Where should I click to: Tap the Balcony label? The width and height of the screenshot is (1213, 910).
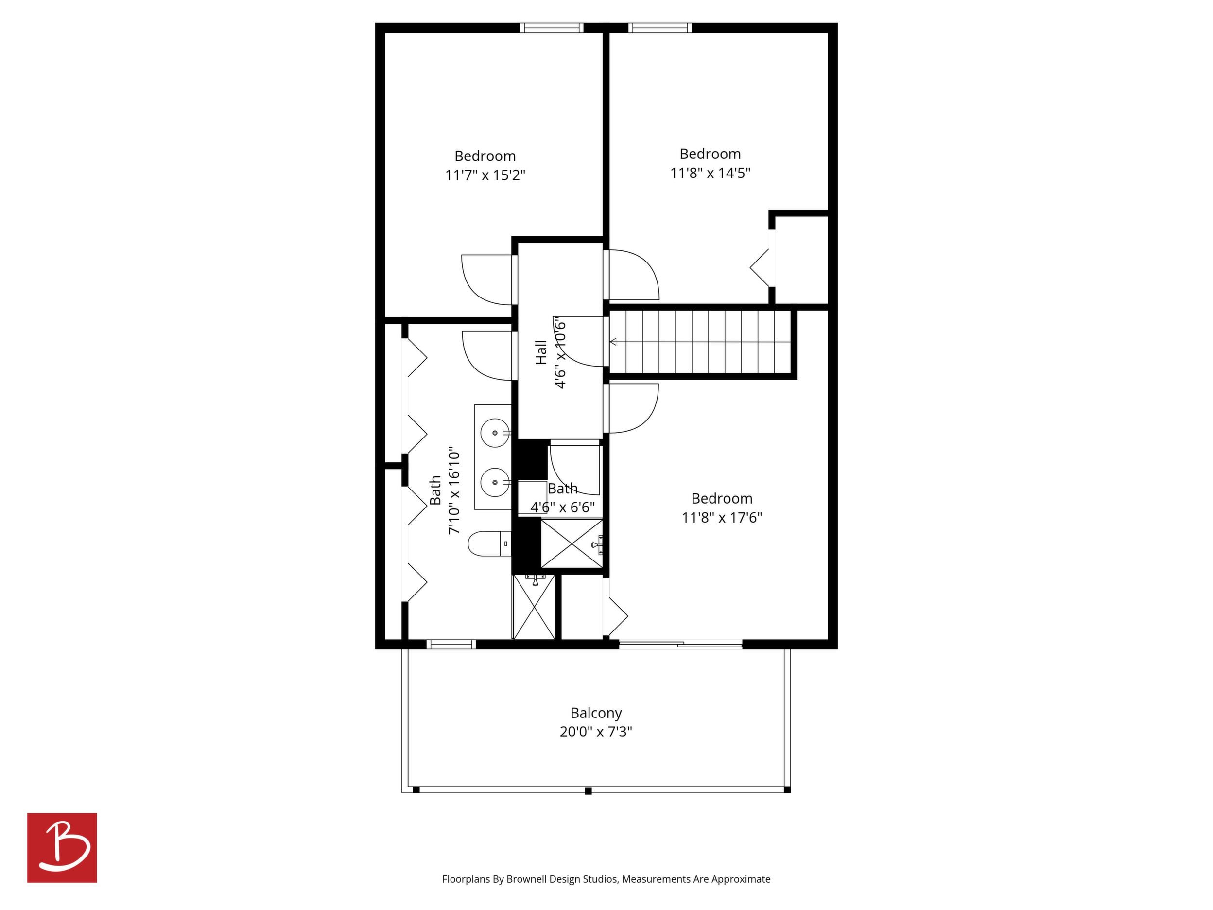596,713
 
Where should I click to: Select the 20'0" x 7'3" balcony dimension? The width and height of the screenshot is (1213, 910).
596,732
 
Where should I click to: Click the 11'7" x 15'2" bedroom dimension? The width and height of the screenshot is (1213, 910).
485,175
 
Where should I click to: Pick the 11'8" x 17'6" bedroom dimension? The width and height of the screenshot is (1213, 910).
722,518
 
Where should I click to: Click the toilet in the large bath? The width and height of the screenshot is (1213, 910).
490,543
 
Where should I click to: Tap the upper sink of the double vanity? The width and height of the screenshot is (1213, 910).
496,433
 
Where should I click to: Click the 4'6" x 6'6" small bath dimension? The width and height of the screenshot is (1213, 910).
563,507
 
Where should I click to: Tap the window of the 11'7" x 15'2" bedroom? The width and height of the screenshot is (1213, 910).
552,27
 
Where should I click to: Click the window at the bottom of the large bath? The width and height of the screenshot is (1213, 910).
451,645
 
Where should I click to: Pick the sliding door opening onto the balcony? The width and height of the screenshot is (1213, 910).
680,645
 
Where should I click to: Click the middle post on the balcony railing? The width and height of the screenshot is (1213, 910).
589,791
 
